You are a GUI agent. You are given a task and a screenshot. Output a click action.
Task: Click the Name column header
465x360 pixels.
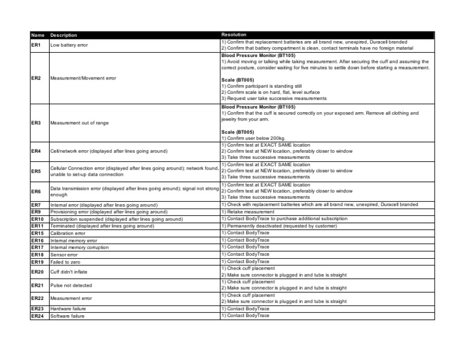click(37, 36)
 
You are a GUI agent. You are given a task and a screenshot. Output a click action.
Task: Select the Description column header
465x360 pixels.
click(64, 36)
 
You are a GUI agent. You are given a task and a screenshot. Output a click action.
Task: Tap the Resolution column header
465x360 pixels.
click(234, 35)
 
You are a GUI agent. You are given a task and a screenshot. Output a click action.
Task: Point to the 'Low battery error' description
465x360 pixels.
click(70, 45)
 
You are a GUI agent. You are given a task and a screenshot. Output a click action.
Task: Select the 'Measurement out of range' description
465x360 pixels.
click(79, 123)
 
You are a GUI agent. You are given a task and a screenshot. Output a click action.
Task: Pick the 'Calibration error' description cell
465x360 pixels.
click(68, 233)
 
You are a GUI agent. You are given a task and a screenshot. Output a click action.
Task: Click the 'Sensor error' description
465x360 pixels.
click(64, 255)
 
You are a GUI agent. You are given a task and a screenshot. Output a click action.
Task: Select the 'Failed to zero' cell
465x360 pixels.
click(65, 262)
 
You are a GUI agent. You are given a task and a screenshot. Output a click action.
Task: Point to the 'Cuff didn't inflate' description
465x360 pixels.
click(69, 272)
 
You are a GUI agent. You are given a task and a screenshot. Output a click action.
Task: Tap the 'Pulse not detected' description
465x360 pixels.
click(71, 285)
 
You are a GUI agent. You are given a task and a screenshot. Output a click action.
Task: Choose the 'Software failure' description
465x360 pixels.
click(67, 316)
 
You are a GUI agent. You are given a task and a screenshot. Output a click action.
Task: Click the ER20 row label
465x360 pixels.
click(37, 272)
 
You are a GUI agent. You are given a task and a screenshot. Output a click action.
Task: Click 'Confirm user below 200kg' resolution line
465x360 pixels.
click(254, 137)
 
